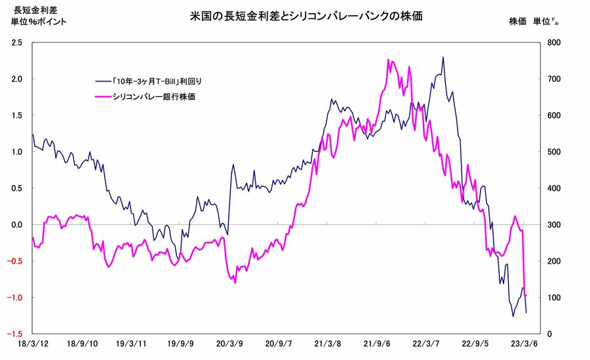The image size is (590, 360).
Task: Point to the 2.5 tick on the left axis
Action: pos(17,43)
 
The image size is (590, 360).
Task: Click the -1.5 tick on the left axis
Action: pos(16,334)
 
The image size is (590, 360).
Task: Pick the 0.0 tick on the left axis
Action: pos(17,225)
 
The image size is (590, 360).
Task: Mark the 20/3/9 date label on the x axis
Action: pos(229,344)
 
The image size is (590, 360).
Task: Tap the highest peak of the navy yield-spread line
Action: pos(443,57)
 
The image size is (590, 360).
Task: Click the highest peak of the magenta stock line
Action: pos(389,60)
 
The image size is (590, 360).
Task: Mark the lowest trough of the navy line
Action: pos(513,316)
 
